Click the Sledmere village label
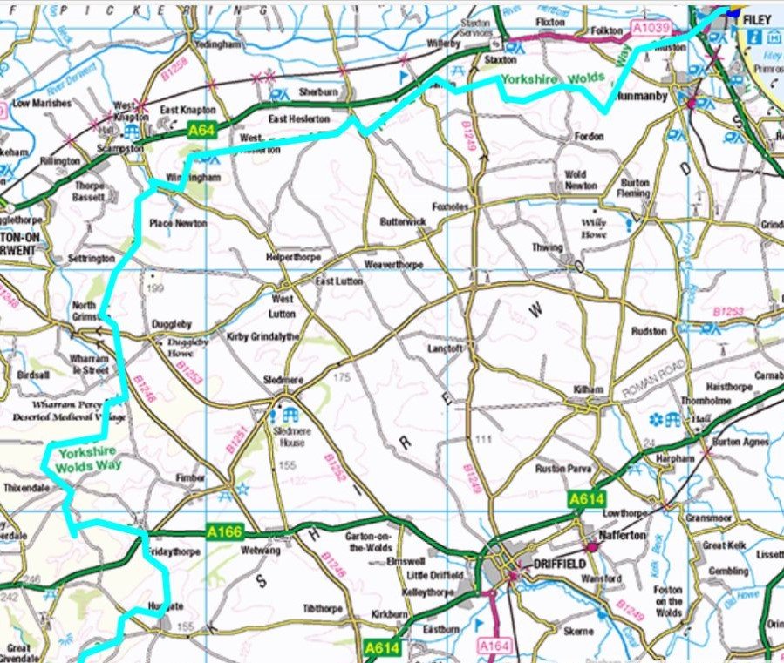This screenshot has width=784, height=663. (x=282, y=381)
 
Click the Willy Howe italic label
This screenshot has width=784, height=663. (x=594, y=222)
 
